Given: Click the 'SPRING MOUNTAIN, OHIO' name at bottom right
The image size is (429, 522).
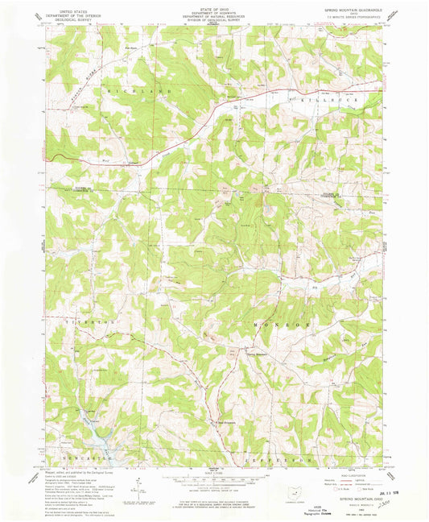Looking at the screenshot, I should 357,500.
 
